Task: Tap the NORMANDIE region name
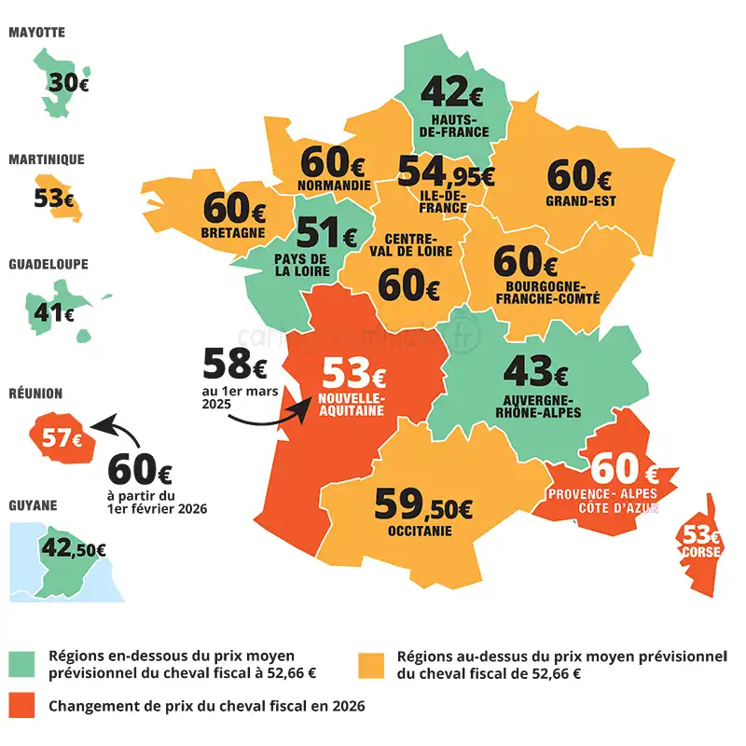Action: pyautogui.click(x=335, y=185)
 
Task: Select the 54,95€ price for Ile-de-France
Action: pyautogui.click(x=445, y=172)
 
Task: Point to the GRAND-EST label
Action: pyautogui.click(x=581, y=200)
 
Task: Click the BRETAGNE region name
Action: pyautogui.click(x=233, y=232)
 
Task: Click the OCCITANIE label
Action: pyautogui.click(x=420, y=532)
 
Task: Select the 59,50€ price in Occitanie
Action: pyautogui.click(x=422, y=504)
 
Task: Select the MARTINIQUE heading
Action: pyautogui.click(x=47, y=159)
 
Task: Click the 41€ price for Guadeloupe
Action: pyautogui.click(x=54, y=312)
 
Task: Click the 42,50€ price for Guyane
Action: pyautogui.click(x=73, y=547)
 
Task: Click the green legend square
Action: pyautogui.click(x=21, y=663)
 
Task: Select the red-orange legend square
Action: pyautogui.click(x=21, y=706)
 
